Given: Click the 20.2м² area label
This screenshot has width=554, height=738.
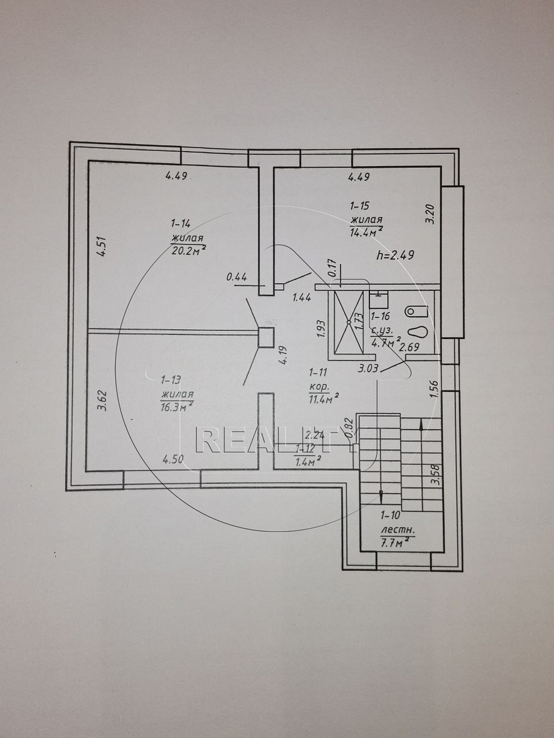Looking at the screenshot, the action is coord(189,250).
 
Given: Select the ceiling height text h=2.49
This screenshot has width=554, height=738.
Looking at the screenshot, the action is coord(395,256).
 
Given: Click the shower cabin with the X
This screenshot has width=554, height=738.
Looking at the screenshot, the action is coord(349,322).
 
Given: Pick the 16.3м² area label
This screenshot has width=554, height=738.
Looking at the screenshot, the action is coord(177,406).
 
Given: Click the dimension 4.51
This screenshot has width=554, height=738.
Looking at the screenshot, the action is coord(102,247).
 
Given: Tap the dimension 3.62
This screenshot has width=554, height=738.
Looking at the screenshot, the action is coord(103,401).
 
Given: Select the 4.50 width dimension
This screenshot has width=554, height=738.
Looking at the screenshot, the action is coord(173,459).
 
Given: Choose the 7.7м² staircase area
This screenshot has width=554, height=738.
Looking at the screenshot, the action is coord(398,542).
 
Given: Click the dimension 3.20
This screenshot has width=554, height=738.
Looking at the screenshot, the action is coord(431,214).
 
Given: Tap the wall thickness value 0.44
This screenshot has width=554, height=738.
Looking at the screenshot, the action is coord(237,277).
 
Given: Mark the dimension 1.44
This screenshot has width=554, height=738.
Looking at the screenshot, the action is coord(302,297).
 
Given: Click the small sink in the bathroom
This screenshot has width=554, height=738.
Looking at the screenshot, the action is coord(379,300).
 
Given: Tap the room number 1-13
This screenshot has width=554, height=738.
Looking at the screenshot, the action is coord(172,380).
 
